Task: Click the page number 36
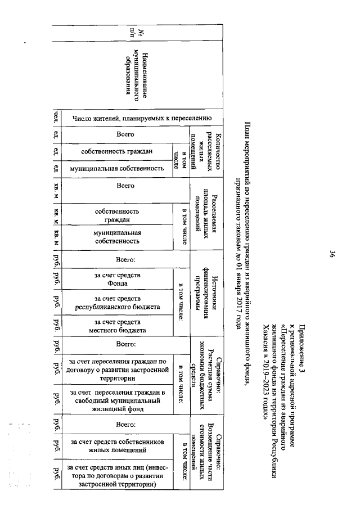(332, 254)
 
